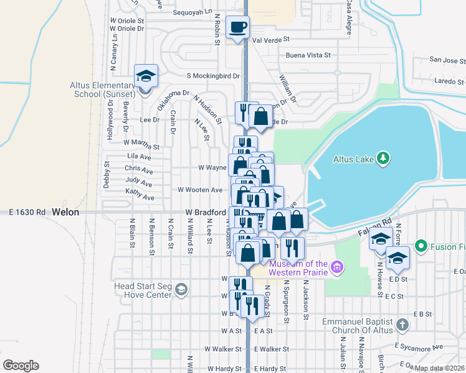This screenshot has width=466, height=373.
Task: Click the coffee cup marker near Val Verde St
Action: (x=237, y=27)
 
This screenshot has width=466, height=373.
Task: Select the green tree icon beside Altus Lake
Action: (x=384, y=159)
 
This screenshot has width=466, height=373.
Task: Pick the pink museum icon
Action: (x=337, y=267)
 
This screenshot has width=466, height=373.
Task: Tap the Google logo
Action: (x=21, y=365)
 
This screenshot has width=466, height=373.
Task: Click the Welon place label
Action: (x=65, y=212)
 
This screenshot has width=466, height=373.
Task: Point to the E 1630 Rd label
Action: (x=27, y=212)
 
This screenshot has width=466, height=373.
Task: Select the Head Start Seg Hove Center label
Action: (x=143, y=290)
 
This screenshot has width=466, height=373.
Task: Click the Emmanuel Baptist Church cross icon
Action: (x=402, y=324)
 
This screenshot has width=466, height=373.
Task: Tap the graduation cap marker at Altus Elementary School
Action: (x=146, y=76)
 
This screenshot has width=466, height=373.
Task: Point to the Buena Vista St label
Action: (x=308, y=55)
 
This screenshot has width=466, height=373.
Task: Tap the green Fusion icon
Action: (x=421, y=246)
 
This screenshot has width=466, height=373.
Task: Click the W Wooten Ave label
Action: (x=200, y=190)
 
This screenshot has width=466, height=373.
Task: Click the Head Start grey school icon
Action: (x=181, y=290)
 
